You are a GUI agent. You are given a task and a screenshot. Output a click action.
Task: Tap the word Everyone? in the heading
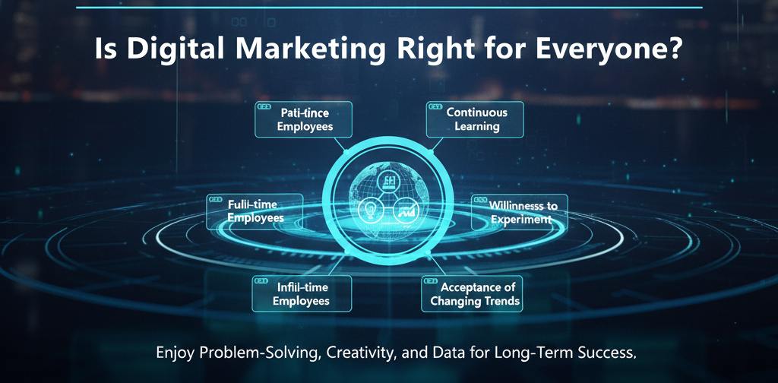pyautogui.click(x=607, y=49)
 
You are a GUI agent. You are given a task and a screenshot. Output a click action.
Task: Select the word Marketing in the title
pyautogui.click(x=304, y=49)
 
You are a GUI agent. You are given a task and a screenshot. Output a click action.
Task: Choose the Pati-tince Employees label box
pyautogui.click(x=304, y=119)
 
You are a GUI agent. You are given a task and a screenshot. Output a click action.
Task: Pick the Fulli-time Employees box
pyautogui.click(x=255, y=211)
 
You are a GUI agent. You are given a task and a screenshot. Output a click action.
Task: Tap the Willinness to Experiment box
pyautogui.click(x=520, y=212)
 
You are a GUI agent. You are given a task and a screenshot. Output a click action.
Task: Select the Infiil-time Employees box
pyautogui.click(x=302, y=293)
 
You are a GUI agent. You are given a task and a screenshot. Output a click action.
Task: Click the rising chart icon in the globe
pyautogui.click(x=405, y=210)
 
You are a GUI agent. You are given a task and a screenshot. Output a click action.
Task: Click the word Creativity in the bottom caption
pyautogui.click(x=341, y=353)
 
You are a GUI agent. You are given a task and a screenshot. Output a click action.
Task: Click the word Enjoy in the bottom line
pyautogui.click(x=173, y=353)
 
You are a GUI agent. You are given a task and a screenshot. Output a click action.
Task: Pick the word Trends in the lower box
pyautogui.click(x=502, y=301)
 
